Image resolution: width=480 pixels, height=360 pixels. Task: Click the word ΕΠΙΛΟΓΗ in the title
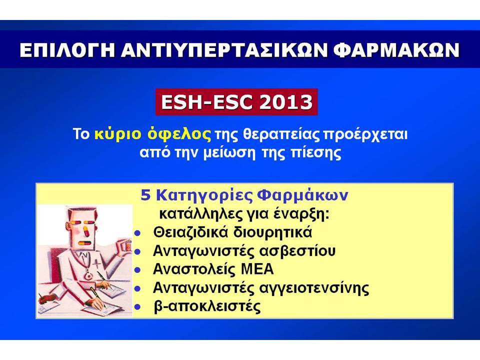[x=67, y=50]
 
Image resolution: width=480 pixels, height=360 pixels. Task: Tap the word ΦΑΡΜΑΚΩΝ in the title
[x=396, y=50]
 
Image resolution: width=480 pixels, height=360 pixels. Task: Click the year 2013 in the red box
[x=285, y=102]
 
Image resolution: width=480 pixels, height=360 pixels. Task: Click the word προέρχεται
[x=365, y=134]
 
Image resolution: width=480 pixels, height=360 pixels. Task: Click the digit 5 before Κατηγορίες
[x=145, y=195]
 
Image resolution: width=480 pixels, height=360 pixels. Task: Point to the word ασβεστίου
[x=297, y=251]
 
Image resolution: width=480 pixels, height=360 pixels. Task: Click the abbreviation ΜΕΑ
[x=257, y=269]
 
